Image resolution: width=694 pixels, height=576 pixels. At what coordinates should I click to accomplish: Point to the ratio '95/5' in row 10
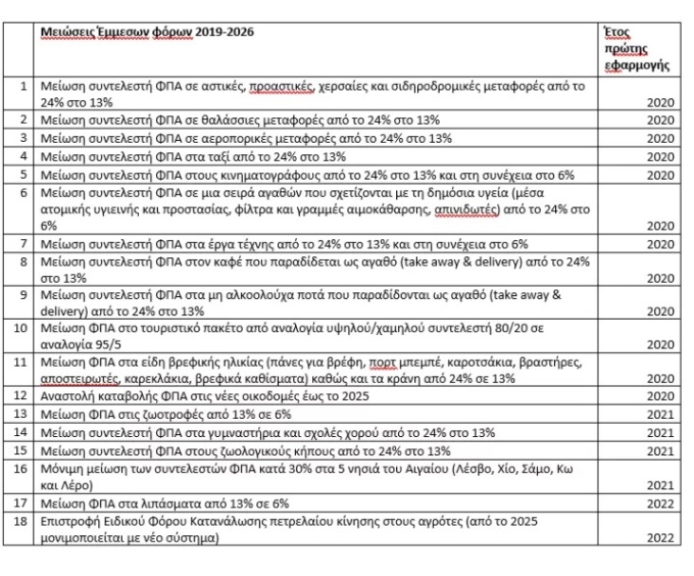pyautogui.click(x=104, y=343)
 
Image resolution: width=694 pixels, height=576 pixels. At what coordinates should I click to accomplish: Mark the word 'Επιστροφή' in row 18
pyautogui.click(x=70, y=521)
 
